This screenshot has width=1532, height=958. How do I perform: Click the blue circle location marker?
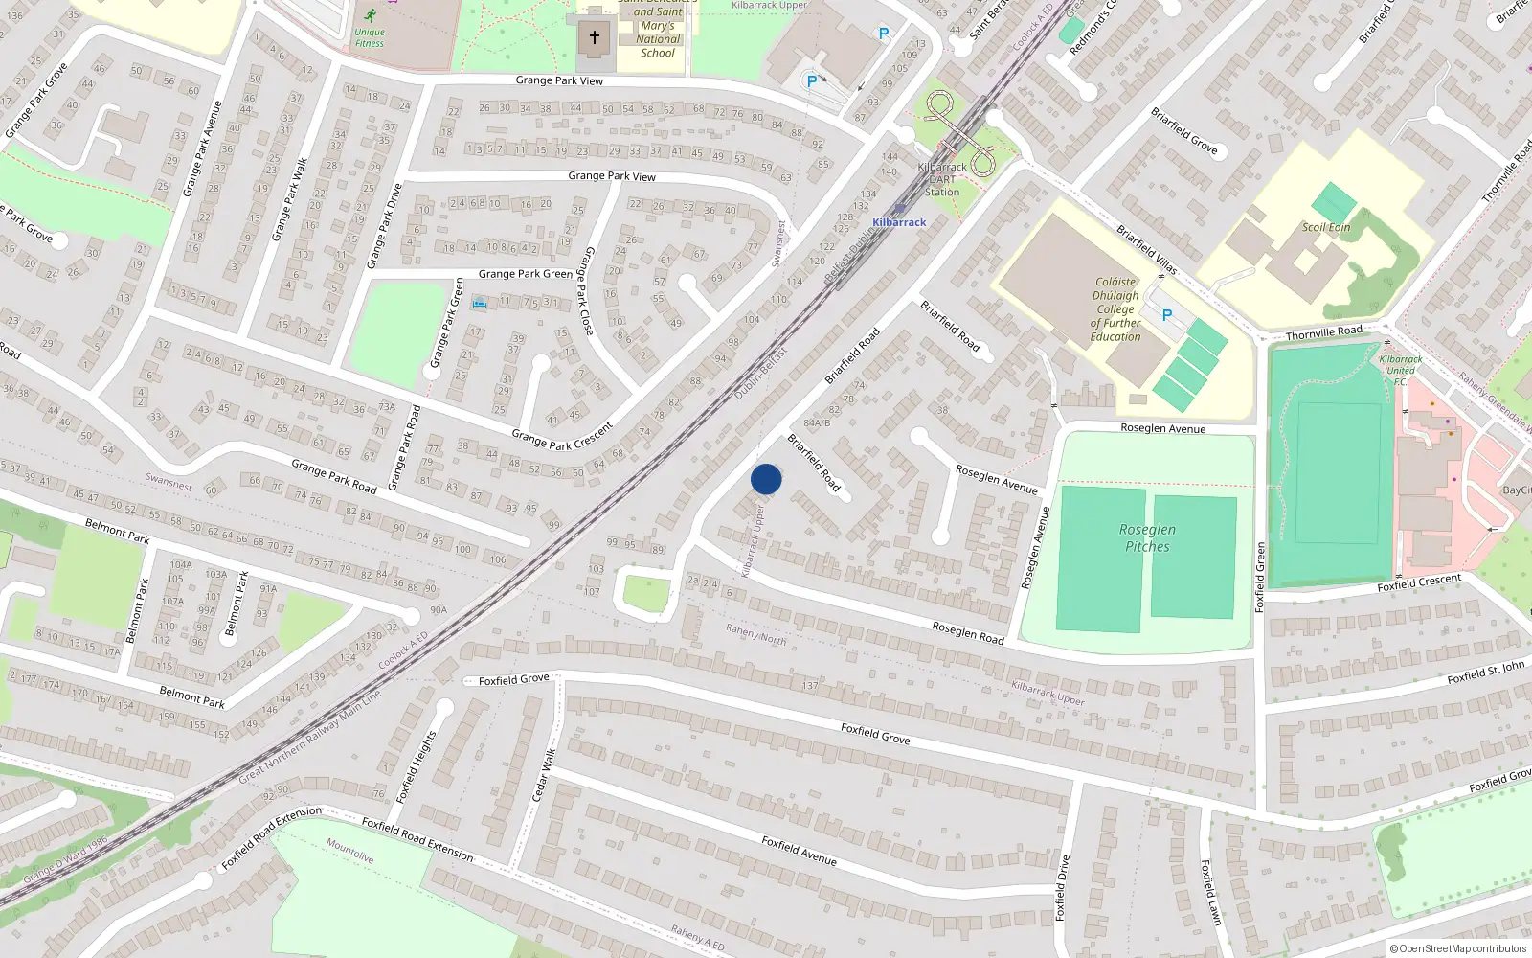click(766, 479)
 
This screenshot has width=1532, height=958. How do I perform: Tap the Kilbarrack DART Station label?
click(942, 179)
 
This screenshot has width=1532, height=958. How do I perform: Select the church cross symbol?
click(594, 37)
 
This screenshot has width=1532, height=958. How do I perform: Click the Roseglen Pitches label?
click(1147, 537)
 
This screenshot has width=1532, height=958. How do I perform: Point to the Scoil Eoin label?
click(1326, 227)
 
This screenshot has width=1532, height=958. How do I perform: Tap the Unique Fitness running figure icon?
click(370, 15)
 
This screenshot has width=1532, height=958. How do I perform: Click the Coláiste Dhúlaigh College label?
click(1115, 309)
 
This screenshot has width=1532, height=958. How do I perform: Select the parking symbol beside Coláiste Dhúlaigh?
click(1166, 314)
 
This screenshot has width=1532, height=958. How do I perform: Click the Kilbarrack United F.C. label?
click(1400, 371)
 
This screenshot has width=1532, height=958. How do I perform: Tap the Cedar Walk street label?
click(543, 774)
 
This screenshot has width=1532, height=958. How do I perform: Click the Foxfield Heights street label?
click(417, 766)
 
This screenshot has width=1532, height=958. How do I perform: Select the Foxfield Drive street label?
click(1062, 888)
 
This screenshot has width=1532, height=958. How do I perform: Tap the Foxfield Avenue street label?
click(799, 850)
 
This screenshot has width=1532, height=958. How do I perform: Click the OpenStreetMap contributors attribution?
click(1457, 949)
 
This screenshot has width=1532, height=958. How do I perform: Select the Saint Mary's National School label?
click(658, 33)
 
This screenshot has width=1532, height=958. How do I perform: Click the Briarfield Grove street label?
click(1184, 130)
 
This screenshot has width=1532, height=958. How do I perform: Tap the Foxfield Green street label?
click(1260, 577)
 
